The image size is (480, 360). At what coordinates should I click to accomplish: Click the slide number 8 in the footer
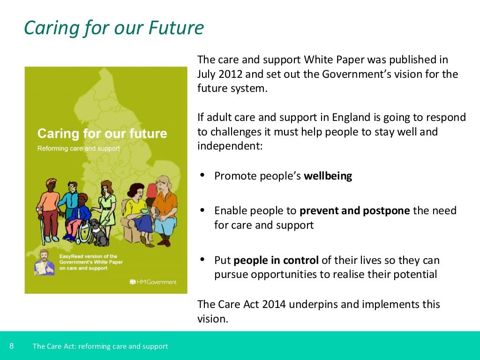[11, 346]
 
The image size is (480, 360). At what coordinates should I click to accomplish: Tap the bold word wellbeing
[328, 176]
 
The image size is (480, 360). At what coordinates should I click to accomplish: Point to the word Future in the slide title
[176, 28]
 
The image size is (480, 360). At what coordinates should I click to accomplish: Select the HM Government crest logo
[132, 282]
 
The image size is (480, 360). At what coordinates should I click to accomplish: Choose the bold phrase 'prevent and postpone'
[355, 210]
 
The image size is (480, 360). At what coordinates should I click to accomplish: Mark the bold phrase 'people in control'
[276, 260]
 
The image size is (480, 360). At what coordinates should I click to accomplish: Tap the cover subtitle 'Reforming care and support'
[78, 149]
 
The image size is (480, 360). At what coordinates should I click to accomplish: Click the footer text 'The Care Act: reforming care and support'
[100, 346]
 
